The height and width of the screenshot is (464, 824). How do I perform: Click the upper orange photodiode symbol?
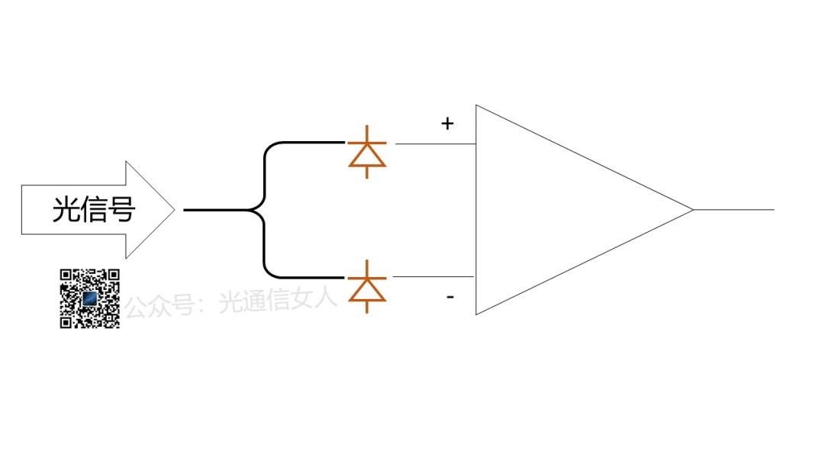(367, 153)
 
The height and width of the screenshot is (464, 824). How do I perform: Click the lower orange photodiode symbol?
(367, 287)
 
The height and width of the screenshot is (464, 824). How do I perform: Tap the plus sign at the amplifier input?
(448, 123)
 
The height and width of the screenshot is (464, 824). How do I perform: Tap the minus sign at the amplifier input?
(450, 296)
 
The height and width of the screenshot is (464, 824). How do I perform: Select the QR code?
(90, 298)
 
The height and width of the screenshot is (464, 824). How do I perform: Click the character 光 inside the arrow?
(66, 209)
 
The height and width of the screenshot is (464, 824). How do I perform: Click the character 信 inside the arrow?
(93, 209)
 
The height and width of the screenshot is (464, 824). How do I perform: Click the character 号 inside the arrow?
(121, 209)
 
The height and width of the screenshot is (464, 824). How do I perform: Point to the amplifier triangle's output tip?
(692, 209)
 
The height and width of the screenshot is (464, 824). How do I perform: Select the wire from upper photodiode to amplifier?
(435, 143)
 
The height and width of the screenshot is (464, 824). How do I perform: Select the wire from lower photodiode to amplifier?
(435, 277)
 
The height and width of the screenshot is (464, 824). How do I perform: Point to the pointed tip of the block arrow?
(175, 209)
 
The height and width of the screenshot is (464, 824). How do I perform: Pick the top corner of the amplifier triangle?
(477, 106)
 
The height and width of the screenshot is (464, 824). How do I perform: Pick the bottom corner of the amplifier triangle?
(477, 313)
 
